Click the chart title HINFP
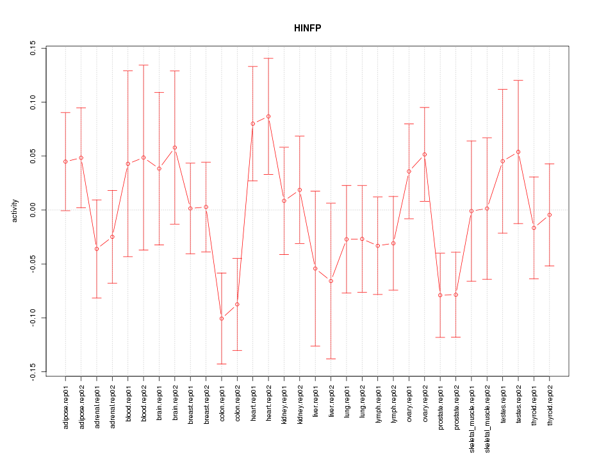pos(307,28)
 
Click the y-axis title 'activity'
pos(15,210)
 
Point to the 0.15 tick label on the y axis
pos(33,48)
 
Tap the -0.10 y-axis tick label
pos(33,318)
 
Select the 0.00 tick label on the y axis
pos(33,210)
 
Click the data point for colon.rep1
pos(222,318)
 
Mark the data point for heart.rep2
pos(268,117)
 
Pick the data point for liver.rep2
pos(331,281)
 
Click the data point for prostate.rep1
pos(440,295)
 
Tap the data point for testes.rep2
pos(518,152)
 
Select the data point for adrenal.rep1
pos(97,248)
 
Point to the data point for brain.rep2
pos(175,148)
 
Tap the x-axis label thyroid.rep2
pos(550,414)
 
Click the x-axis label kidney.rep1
pos(284,412)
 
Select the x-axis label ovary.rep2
pos(425,411)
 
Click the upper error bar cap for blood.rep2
pos(143,65)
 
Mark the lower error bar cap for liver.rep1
pos(315,346)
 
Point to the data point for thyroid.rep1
pos(534,228)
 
